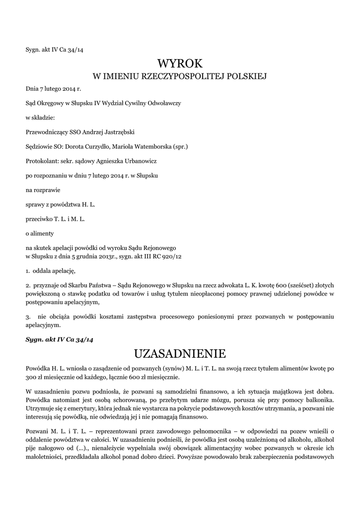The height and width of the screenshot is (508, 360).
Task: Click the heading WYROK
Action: point(180,63)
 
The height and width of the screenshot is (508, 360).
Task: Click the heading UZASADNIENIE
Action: point(180,354)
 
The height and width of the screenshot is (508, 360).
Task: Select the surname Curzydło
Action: point(95,146)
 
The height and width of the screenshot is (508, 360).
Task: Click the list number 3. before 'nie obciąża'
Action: point(28,317)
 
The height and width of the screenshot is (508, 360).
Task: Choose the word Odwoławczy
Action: point(164,102)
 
